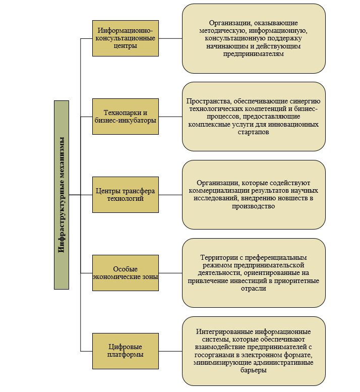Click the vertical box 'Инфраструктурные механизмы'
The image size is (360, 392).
click(x=62, y=195)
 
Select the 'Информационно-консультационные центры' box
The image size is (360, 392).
click(x=126, y=38)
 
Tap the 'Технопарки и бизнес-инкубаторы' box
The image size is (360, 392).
click(x=126, y=116)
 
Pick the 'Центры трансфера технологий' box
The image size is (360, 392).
click(x=126, y=194)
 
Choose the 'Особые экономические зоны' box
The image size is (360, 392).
click(x=126, y=272)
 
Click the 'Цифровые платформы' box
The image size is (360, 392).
click(x=126, y=351)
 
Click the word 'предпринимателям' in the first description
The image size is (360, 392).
click(x=254, y=53)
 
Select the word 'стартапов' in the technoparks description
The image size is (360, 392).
click(x=254, y=132)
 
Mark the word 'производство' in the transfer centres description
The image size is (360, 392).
click(x=254, y=206)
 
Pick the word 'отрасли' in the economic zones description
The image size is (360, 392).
click(x=254, y=288)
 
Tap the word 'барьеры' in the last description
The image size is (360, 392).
click(x=254, y=370)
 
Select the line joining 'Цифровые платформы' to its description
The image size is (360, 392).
click(x=170, y=351)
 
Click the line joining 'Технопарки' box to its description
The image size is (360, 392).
click(x=170, y=116)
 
